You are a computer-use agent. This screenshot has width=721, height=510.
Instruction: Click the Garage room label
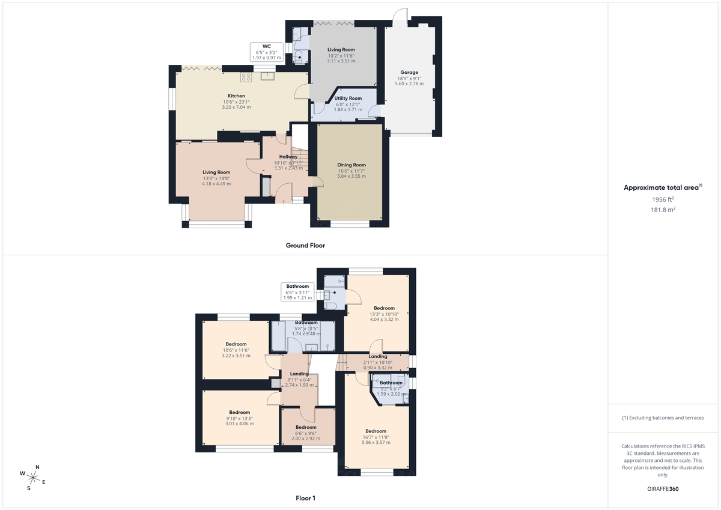409,73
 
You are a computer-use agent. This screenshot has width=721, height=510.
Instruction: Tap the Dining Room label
351,165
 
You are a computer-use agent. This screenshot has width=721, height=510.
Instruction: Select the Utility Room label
348,99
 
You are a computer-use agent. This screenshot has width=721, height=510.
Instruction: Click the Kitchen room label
236,96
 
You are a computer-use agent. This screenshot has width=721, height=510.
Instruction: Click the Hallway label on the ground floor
288,157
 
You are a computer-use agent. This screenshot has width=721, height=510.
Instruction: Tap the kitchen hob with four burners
246,76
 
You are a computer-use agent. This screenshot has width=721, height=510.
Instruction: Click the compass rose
33,478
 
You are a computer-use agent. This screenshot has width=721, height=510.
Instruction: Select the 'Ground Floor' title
306,245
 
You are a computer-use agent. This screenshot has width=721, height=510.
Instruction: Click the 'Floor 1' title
305,498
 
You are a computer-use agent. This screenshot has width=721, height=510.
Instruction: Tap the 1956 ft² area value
663,199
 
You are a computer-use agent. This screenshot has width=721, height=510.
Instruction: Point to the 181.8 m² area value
663,210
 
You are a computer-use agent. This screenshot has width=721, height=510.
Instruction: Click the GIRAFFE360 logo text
663,489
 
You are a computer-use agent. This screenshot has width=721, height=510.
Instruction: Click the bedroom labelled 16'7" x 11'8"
376,431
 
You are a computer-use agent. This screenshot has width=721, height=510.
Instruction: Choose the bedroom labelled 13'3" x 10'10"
384,308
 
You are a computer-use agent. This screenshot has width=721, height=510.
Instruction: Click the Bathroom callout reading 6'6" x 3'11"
297,292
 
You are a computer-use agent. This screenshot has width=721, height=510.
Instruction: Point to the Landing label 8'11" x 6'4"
299,374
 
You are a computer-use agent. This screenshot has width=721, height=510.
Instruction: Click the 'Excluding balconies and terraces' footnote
663,417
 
